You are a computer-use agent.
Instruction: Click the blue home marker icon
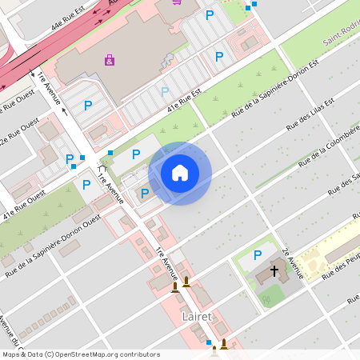click(180, 173)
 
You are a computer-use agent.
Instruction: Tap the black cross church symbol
click(274, 271)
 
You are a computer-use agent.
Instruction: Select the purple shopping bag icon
click(110, 59)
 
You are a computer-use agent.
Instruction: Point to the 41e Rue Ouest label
click(24, 205)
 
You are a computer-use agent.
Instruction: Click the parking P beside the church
click(257, 255)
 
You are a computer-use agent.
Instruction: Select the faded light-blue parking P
click(165, 92)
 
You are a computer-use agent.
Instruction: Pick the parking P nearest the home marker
click(145, 193)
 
